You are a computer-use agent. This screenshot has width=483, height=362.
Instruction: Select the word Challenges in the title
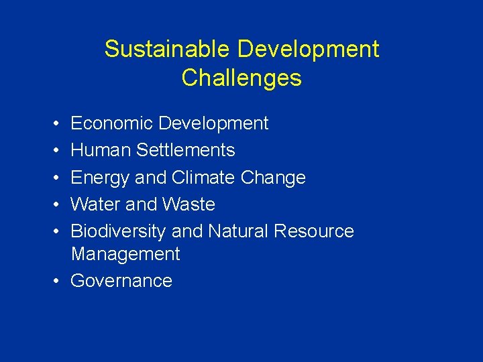pos(241,78)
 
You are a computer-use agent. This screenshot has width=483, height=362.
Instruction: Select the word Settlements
pos(185,150)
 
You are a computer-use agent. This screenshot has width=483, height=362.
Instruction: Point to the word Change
pos(274,178)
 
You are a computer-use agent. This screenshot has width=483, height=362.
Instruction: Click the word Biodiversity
pos(118,231)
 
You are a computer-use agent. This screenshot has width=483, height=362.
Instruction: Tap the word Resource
pos(314,231)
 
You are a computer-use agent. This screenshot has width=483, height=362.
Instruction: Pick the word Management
pos(125,254)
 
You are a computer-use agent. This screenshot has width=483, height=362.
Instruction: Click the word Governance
pos(121,280)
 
